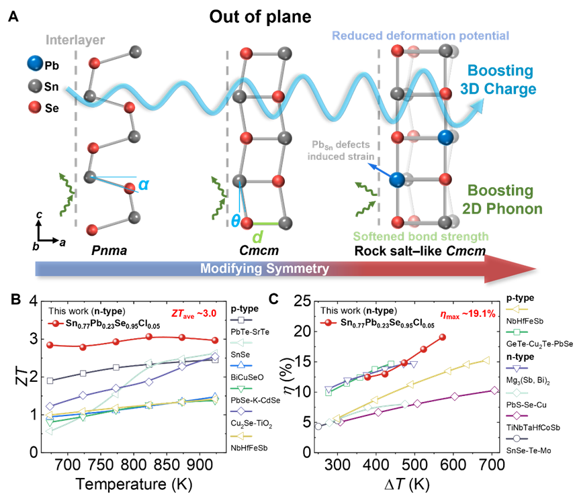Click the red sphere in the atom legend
(35, 107)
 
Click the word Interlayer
(75, 40)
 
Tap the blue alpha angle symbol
(143, 185)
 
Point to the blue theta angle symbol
(235, 220)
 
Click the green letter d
(257, 237)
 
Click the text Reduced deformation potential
(421, 35)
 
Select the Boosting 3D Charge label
(501, 79)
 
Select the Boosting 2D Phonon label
(504, 199)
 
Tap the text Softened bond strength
(421, 236)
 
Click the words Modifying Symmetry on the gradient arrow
(265, 269)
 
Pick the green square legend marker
(517, 332)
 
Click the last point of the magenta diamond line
(495, 391)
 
